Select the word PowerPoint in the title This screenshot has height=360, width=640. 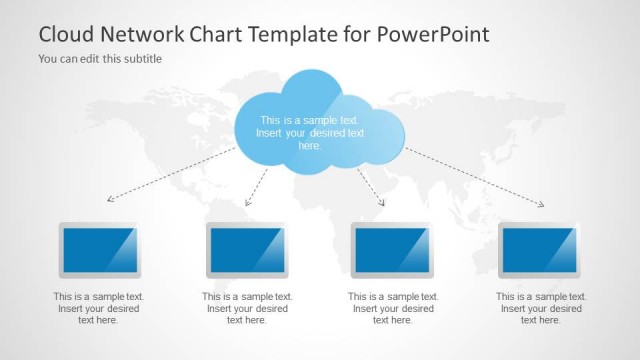click(434, 34)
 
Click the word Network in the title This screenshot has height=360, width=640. click(146, 34)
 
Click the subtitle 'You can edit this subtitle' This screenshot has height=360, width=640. click(100, 59)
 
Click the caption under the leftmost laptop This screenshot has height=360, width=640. click(99, 308)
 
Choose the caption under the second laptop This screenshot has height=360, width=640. click(247, 308)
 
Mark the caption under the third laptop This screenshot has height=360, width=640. click(393, 308)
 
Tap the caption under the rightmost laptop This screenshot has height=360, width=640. click(541, 308)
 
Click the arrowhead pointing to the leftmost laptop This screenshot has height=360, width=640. click(109, 199)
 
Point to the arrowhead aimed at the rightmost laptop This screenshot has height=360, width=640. click(541, 205)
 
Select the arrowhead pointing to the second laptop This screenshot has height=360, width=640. click(248, 205)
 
